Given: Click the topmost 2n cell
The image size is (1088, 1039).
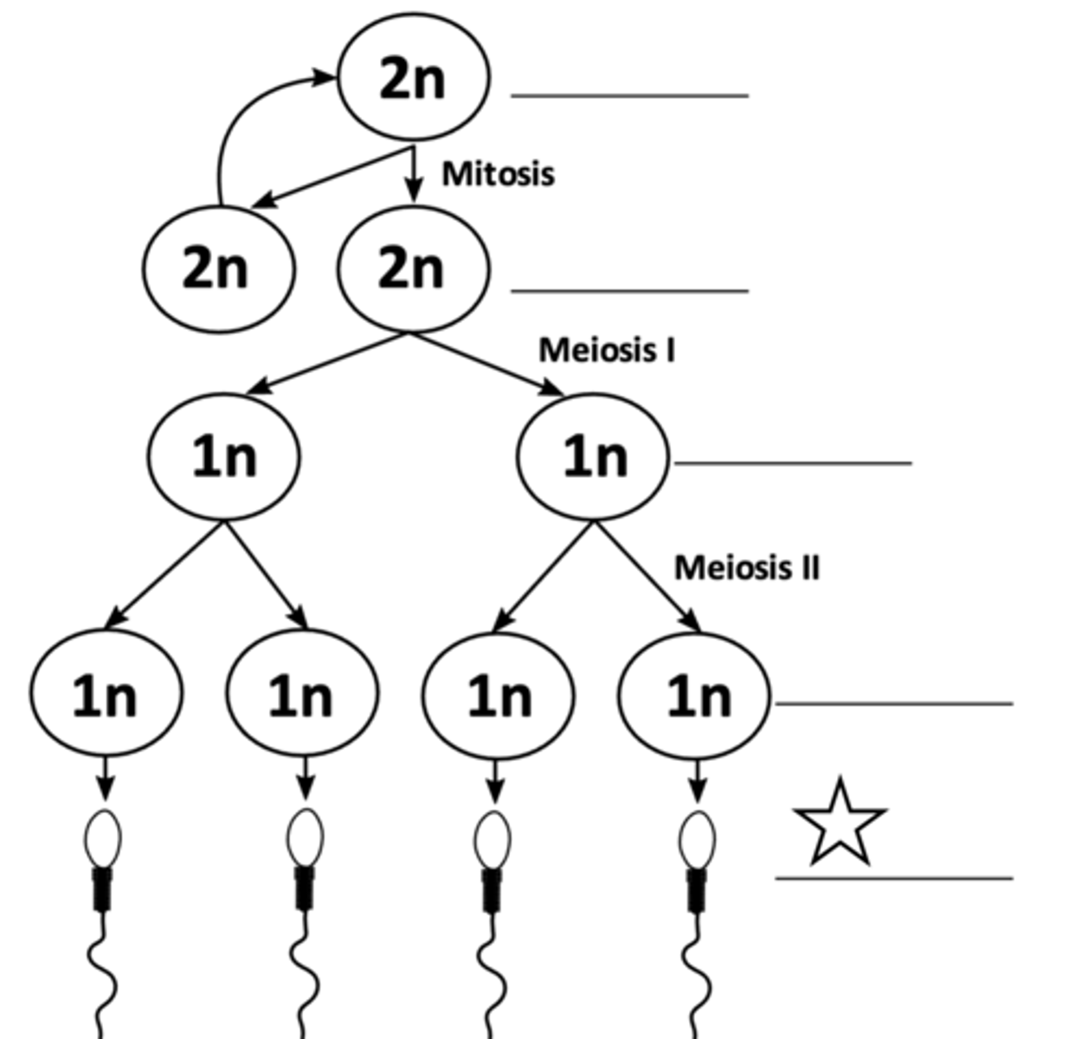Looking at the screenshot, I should [413, 78].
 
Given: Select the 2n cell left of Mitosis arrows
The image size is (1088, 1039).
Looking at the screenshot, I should [218, 268].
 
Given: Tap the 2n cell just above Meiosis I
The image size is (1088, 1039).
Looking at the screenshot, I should [413, 268].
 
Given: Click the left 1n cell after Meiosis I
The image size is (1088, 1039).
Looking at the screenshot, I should [224, 456].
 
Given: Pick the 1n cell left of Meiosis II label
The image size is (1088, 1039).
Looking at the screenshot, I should [593, 456].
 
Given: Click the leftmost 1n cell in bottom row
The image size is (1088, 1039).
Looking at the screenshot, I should [106, 694].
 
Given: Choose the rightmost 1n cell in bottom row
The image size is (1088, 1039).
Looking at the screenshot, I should [695, 694].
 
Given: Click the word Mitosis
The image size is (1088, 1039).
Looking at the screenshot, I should [498, 174].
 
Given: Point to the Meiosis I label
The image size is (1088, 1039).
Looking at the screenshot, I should [607, 351].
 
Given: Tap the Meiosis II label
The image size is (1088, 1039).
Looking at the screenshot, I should [746, 568].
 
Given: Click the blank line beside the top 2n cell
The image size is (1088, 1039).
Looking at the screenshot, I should [629, 95].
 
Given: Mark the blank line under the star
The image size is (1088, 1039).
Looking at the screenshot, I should [893, 879].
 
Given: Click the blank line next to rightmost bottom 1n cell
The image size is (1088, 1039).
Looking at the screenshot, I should [893, 704].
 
